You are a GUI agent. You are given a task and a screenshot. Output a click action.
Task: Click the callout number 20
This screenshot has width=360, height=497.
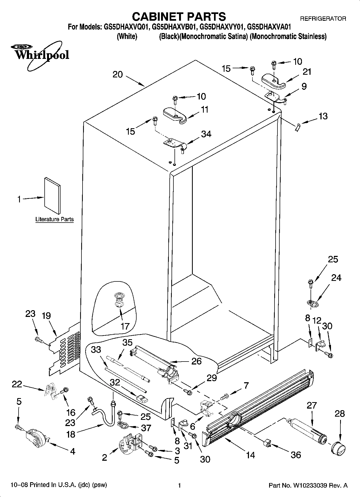117,74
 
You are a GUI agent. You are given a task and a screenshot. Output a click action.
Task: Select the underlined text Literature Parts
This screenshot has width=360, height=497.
55,219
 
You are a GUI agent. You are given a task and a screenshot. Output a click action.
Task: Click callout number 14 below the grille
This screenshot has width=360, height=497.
250,455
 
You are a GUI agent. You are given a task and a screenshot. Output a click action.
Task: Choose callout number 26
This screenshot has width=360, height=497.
196,361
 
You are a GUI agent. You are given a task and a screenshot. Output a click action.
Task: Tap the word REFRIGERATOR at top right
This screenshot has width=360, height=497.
323,19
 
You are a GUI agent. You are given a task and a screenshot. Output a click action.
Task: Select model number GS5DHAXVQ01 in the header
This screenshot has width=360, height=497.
125,27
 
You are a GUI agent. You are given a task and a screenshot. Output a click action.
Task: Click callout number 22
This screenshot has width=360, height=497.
17,384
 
